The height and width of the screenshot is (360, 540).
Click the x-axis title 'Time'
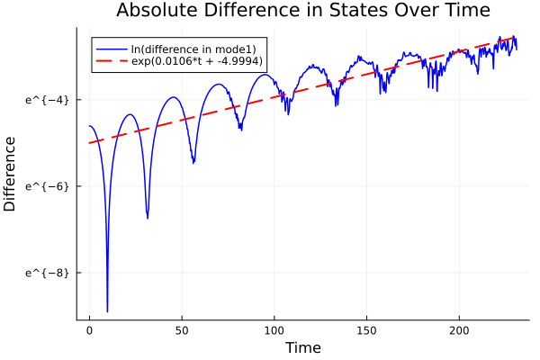point(302,347)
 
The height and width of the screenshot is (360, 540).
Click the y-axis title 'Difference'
point(11,174)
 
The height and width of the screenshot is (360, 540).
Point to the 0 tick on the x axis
point(89,330)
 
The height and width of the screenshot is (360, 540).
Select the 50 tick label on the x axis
point(182,330)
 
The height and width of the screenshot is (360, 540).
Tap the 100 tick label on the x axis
point(274,330)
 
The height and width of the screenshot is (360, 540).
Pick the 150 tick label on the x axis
point(367,330)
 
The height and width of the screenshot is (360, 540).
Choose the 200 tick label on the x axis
point(460,330)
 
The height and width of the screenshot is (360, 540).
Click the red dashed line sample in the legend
point(112,62)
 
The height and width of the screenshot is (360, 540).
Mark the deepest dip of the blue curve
point(107,310)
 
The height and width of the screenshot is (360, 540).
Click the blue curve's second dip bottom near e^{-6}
point(148,218)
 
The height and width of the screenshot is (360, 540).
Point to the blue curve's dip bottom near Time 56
point(193,163)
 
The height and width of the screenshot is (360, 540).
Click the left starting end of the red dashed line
point(89,143)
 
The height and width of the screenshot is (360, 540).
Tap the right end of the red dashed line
point(516,38)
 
